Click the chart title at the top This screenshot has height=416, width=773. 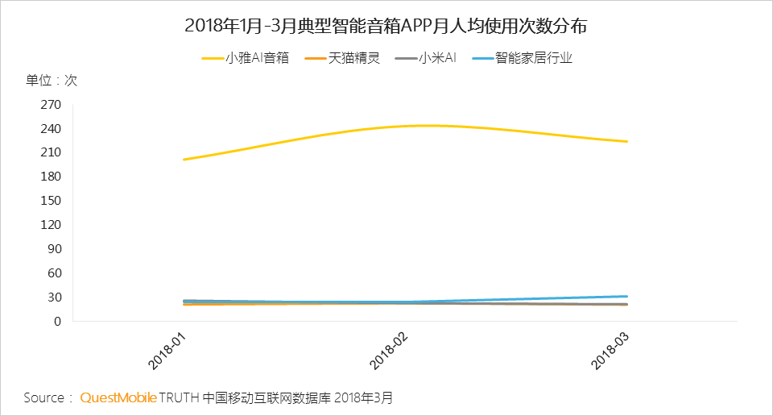(386, 26)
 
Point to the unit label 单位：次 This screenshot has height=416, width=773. (52, 81)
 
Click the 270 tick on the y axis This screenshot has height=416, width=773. (51, 104)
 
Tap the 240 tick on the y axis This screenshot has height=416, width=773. (51, 128)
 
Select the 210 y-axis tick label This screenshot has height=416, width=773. (51, 152)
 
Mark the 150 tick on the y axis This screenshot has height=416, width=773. (51, 201)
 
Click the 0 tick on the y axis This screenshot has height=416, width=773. (57, 321)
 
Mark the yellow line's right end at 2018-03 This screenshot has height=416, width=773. (626, 142)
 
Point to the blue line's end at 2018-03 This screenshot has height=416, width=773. (626, 297)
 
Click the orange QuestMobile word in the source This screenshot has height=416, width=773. (118, 398)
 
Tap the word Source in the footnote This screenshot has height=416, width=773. (43, 398)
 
